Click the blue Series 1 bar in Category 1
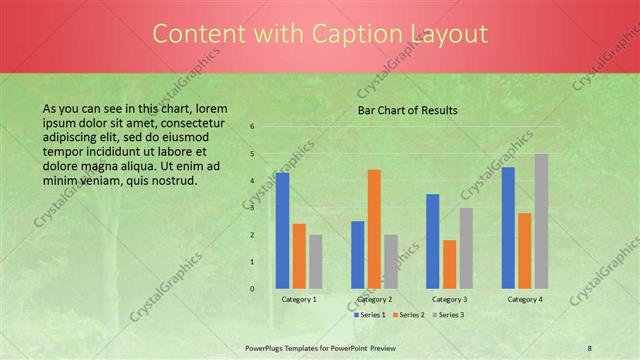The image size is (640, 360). point(282,230)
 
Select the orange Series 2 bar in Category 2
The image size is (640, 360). point(374,229)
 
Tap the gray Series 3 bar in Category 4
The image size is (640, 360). point(541,221)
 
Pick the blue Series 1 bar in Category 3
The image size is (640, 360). point(433,241)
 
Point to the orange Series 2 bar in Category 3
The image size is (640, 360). point(449,264)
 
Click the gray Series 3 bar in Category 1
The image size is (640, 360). point(315,261)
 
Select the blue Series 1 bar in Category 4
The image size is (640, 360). point(508,228)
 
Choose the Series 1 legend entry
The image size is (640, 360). point(369,315)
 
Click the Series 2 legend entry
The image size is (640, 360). point(409,315)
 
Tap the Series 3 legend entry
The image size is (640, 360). point(448,315)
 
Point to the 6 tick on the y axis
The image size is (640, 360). point(252,127)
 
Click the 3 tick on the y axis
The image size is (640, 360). point(252,208)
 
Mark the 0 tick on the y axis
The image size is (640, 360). point(252,289)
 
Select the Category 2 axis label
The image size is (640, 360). point(374,299)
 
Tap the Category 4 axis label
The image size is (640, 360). point(524,299)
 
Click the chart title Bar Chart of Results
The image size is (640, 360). point(408,110)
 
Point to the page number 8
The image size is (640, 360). point(590,346)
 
